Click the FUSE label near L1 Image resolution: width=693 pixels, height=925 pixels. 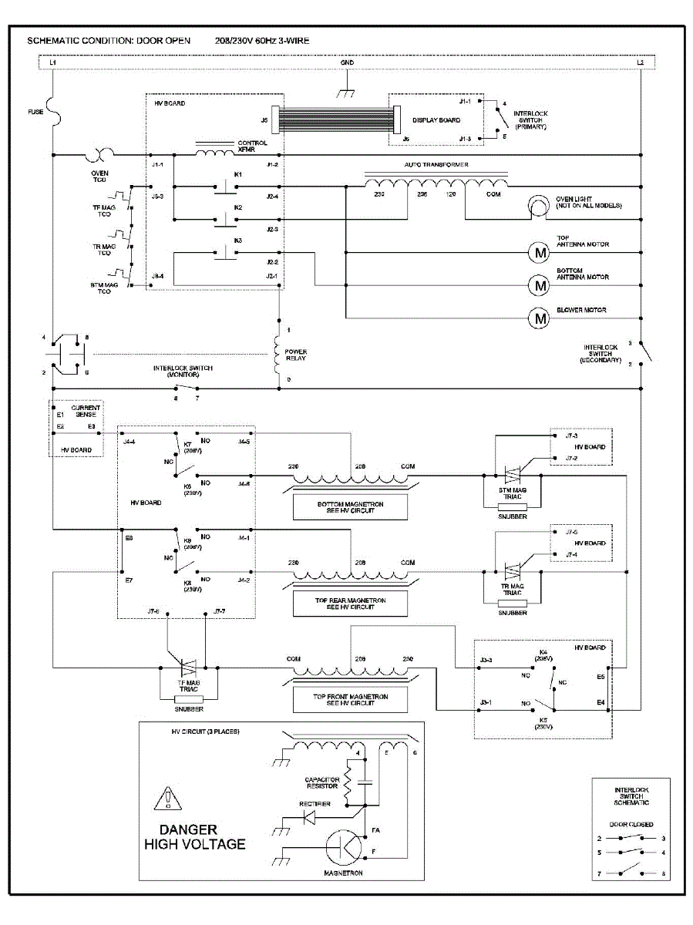pos(36,113)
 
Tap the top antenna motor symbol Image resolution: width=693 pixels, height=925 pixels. pos(537,252)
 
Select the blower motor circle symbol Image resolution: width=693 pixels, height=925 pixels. pos(537,317)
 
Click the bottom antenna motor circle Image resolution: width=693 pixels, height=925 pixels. pos(537,284)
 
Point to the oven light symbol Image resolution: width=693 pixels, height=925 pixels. pos(537,207)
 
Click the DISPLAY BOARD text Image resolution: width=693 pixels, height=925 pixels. pos(436,120)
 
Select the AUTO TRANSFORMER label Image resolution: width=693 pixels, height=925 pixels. pos(436,165)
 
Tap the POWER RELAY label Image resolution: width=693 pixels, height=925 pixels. pos(296,355)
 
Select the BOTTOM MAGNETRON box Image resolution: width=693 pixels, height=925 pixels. pos(351,507)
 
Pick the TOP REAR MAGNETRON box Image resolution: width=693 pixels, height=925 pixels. pos(351,604)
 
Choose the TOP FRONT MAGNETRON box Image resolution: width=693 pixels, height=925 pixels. pos(351,700)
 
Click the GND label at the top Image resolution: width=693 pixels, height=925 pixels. pos(347,62)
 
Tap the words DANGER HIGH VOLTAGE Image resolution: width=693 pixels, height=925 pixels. pos(195,837)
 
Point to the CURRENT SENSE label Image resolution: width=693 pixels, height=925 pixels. pos(83,412)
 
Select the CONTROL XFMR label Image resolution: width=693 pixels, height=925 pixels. pos(253,146)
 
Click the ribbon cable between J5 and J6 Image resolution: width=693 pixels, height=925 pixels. pos(332,120)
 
